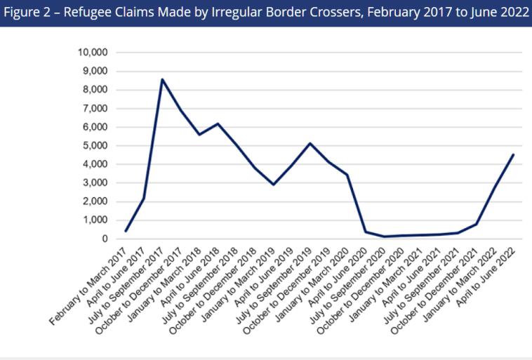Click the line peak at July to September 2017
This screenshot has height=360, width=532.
pos(162,79)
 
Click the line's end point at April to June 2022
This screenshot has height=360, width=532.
pos(514,154)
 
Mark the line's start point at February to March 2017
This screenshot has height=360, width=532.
pos(126,231)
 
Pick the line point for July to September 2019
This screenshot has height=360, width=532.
pos(310,143)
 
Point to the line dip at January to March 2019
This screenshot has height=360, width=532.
pos(273,185)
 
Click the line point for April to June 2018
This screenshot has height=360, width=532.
pos(218,124)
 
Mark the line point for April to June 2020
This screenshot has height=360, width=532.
pos(365,232)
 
